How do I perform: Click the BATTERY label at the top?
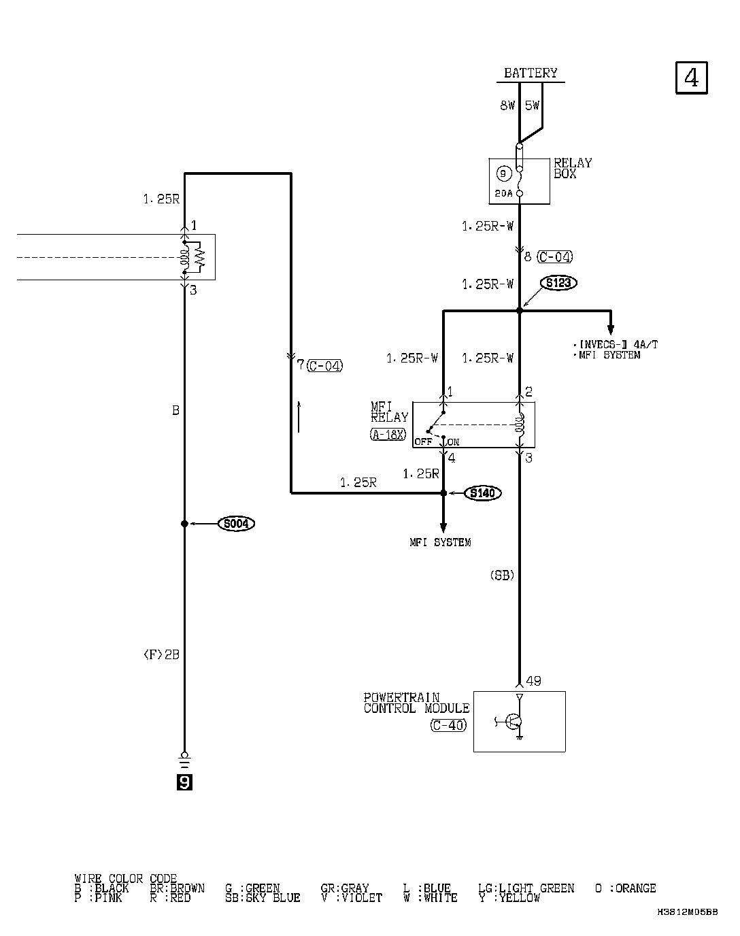pos(531,73)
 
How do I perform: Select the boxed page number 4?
pos(691,78)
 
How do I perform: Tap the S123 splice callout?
pos(558,283)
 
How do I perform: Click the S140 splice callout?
pos(482,493)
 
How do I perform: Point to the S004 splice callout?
pos(235,524)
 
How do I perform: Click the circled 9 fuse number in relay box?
pos(503,174)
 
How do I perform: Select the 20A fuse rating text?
pos(504,193)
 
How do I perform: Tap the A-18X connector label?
pos(388,434)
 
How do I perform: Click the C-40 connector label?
pos(449,725)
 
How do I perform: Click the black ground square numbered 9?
pos(184,783)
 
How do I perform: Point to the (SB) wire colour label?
pos(502,575)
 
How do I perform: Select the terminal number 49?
pos(533,680)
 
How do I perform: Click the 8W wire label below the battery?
pos(507,105)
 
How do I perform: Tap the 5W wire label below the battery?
pos(532,105)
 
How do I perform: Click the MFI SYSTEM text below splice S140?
pos(440,542)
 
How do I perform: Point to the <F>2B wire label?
pos(161,654)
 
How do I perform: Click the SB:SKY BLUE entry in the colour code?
pos(263,898)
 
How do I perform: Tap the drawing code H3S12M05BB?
pos(687,912)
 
